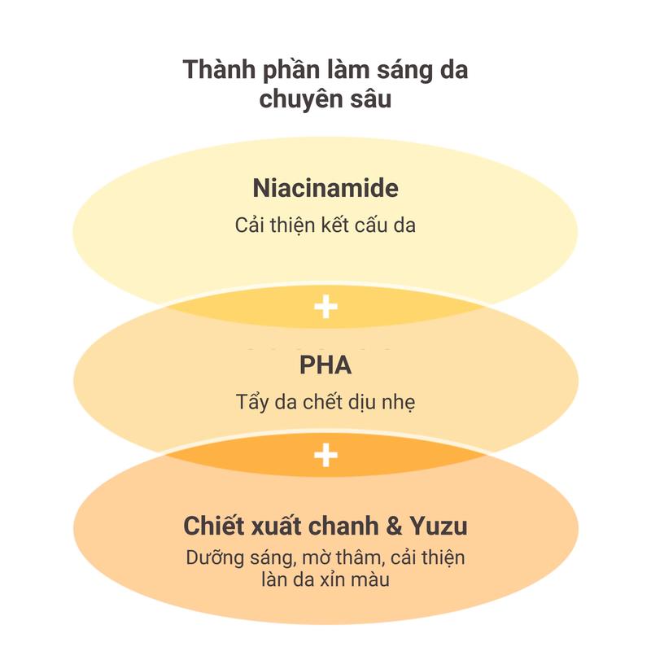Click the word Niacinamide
(325, 190)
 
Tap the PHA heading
(325, 365)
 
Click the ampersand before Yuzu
(393, 526)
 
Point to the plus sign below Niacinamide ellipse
(325, 307)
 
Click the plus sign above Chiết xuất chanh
(325, 455)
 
